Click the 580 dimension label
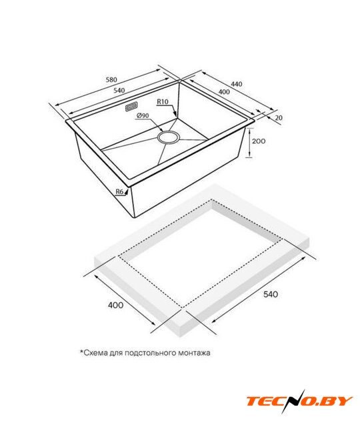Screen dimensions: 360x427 pos(111,79)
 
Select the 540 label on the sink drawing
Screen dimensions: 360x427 pos(119,91)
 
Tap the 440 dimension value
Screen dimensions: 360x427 pos(237,84)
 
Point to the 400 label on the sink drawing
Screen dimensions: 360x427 pos(224,92)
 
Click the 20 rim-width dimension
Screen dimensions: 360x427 pos(279,117)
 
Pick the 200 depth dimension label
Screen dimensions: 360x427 pos(259,141)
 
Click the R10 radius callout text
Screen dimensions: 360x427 pos(163,101)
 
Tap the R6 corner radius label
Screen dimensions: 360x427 pos(120,191)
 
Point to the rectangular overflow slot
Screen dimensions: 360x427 pos(131,107)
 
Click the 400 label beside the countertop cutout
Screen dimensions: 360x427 pos(115,306)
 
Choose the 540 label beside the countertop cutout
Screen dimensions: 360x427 pos(271,294)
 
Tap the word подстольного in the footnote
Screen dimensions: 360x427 pos(150,353)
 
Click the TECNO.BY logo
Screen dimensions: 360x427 pos(299,402)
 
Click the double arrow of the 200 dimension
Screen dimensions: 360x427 pos(249,143)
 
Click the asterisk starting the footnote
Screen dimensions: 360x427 pos(81,352)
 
